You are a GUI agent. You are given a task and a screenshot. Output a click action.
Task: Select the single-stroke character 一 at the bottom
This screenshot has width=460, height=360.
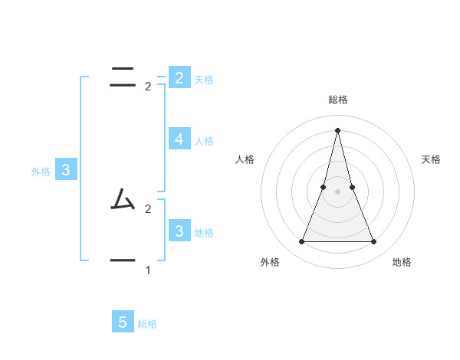(123, 260)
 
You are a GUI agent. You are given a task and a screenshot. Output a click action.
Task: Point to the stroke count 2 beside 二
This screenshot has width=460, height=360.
(148, 87)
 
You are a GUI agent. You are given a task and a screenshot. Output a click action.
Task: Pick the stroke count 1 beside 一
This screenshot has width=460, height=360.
(148, 270)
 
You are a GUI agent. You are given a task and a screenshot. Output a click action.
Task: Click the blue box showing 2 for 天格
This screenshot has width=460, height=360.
(179, 78)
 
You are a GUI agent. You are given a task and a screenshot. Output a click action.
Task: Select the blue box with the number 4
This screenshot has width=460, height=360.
(179, 139)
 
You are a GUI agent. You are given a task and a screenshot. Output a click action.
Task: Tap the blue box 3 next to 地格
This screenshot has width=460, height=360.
(179, 231)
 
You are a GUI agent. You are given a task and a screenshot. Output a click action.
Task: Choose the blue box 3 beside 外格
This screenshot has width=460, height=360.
(65, 170)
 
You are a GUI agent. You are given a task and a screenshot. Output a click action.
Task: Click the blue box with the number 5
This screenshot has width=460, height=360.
(123, 322)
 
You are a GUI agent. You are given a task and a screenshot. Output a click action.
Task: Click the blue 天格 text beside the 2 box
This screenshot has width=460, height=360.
(204, 80)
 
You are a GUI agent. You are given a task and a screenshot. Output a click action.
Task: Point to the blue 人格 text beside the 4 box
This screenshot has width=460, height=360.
(204, 141)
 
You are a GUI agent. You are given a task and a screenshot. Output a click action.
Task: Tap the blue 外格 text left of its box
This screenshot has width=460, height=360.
(41, 172)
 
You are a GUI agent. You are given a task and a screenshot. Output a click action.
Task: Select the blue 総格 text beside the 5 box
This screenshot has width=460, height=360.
(147, 324)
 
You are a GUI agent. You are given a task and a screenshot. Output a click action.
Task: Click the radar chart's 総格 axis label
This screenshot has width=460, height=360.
(338, 100)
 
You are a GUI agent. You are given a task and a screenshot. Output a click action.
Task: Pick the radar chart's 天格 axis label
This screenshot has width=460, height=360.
(432, 159)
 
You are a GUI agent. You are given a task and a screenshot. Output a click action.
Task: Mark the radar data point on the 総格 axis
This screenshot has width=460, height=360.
(338, 130)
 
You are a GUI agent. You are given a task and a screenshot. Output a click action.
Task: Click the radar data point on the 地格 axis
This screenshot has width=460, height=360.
(374, 242)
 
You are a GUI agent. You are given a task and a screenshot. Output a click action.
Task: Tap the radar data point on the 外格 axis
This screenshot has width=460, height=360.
(301, 242)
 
